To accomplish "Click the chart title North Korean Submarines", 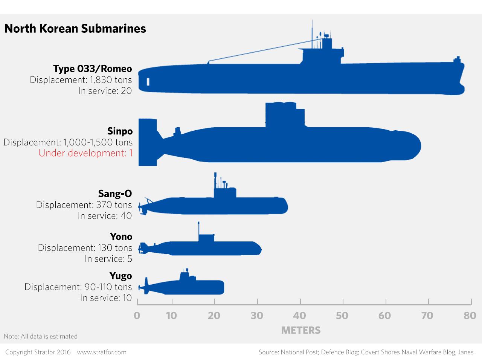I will [x=75, y=29].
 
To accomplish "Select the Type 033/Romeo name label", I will [x=92, y=69].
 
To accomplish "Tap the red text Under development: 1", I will [x=85, y=153].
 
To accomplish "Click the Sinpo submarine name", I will [x=120, y=131].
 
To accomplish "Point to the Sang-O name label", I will [x=115, y=194].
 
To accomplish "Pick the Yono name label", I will [x=121, y=236].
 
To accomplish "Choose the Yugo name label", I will [x=120, y=276].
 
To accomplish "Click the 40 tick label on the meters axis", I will [x=300, y=315].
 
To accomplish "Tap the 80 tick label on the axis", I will [x=470, y=315].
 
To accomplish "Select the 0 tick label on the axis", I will [x=137, y=315].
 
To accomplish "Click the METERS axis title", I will [x=301, y=330].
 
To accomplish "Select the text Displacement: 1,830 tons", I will [x=81, y=79].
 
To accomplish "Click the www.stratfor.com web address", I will [x=102, y=352].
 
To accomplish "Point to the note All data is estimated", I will [x=41, y=336].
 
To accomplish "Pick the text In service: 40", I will [x=105, y=215].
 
